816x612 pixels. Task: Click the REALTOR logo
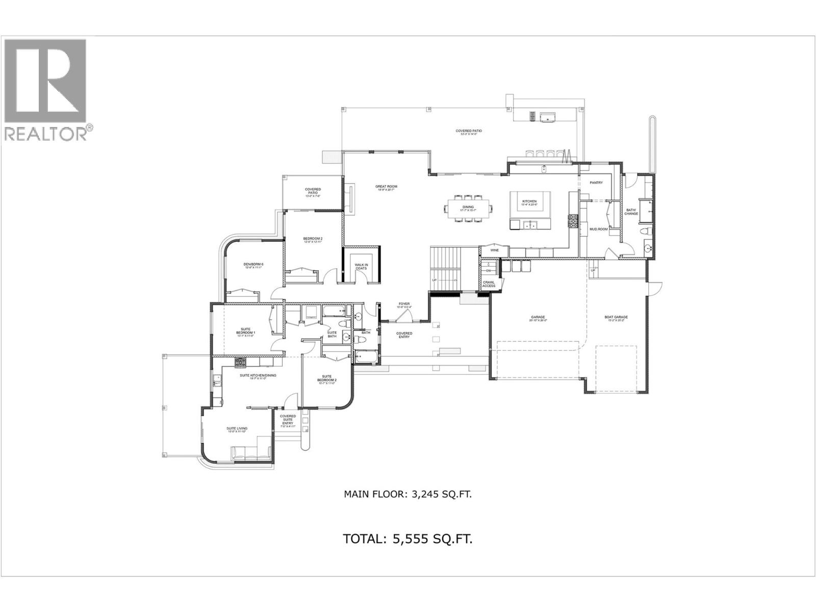(x=48, y=89)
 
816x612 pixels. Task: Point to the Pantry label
(x=596, y=183)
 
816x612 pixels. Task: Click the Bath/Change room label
(x=631, y=212)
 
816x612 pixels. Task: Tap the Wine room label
(x=494, y=250)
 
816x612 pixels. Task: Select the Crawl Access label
(x=489, y=284)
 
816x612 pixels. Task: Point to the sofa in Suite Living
(x=251, y=453)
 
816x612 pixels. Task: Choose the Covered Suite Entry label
(x=288, y=420)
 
